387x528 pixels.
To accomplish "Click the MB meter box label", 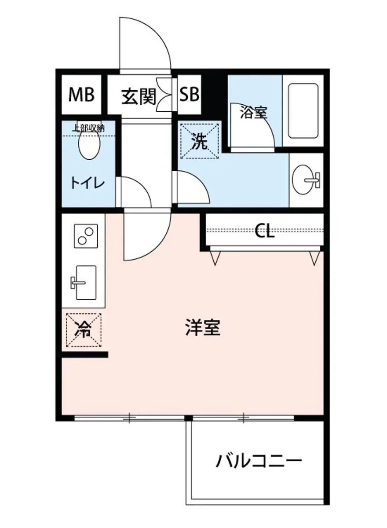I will click(81, 95).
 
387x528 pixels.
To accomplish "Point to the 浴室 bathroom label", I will click(253, 113).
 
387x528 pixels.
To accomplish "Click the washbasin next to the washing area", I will click(306, 180).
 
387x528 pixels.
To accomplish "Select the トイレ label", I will click(88, 183).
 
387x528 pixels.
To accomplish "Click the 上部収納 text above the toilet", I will click(89, 128).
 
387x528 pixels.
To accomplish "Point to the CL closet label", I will click(265, 231).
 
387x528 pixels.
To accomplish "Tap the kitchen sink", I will click(84, 282).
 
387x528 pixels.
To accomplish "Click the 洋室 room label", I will click(203, 328).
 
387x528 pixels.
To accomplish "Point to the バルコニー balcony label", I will click(259, 462).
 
